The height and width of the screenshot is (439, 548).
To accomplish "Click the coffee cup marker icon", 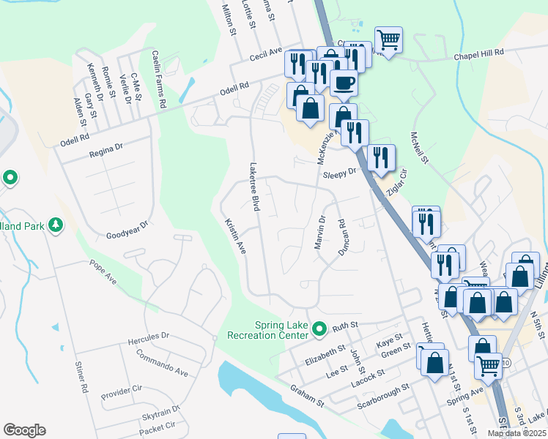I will pyautogui.click(x=344, y=82).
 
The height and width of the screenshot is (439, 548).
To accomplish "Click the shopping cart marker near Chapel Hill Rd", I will pyautogui.click(x=388, y=39).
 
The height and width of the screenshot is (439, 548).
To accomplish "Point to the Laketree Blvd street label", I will pyautogui.click(x=255, y=187).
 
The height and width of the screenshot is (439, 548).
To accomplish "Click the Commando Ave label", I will pyautogui.click(x=162, y=363).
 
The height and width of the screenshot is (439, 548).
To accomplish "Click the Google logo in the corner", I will pyautogui.click(x=24, y=430).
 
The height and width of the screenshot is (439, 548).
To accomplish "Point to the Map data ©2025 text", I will pyautogui.click(x=516, y=433).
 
